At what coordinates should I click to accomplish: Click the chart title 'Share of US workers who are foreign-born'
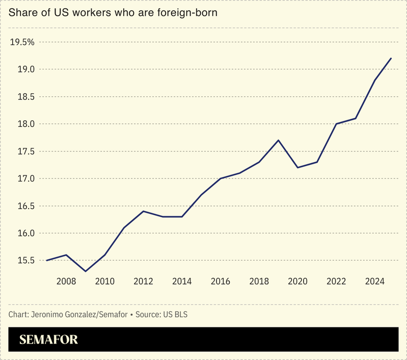[x=113, y=13]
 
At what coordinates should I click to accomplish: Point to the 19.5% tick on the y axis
[x=22, y=42]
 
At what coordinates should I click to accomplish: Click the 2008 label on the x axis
[x=66, y=281]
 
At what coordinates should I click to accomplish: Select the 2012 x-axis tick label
[x=143, y=281]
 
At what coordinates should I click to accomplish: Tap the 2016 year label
[x=220, y=281]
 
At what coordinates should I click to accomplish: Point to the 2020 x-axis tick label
[x=297, y=281]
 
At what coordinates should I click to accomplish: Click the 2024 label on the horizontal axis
[x=374, y=281]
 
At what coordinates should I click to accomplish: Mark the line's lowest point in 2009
[x=86, y=271]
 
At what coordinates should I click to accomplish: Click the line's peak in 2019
[x=278, y=140]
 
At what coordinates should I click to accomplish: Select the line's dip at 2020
[x=297, y=167]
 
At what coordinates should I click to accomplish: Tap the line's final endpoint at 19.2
[x=391, y=58]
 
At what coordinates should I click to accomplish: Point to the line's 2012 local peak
[x=143, y=211]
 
